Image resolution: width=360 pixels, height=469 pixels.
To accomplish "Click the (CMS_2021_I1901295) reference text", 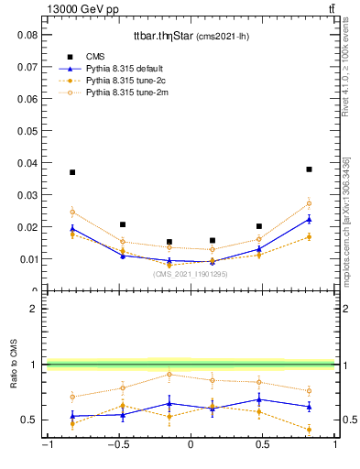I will tap(190, 274).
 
